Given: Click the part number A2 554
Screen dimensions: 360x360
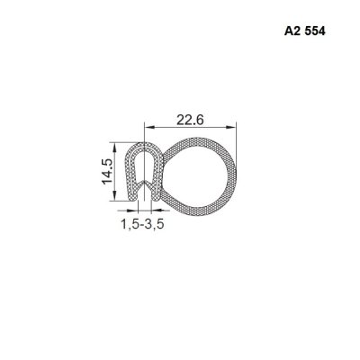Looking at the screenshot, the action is tap(304, 31).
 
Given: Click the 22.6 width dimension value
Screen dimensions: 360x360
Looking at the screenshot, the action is tap(190, 120).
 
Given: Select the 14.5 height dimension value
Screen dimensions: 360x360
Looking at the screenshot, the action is tap(107, 171).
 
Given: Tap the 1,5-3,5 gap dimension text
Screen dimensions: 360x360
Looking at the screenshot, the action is tap(142, 224).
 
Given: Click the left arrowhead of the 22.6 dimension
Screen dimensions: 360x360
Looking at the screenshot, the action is tap(149, 128).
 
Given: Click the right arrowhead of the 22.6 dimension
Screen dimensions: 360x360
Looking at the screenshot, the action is tap(231, 128).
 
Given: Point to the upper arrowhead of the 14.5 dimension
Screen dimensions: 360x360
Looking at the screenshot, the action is tap(114, 147).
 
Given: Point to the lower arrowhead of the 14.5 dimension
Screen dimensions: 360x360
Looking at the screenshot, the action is tap(114, 196).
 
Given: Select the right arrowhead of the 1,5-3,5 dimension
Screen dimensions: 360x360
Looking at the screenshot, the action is tap(157, 210).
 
